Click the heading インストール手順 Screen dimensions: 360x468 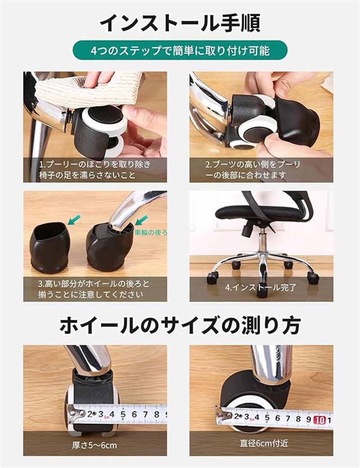click(x=180, y=22)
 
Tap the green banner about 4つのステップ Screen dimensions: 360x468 click(x=180, y=50)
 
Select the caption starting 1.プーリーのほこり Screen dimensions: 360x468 click(x=95, y=170)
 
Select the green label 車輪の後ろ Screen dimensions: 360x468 click(x=151, y=233)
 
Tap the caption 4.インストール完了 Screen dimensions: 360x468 click(x=261, y=288)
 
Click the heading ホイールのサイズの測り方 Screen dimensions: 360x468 click(x=180, y=326)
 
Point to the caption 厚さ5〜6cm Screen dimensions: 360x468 click(x=94, y=445)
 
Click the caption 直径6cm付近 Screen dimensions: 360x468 click(x=264, y=443)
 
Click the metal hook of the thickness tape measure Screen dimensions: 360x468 click(x=76, y=414)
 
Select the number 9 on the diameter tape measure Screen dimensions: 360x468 click(x=309, y=419)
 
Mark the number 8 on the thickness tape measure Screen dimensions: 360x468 click(x=157, y=414)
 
